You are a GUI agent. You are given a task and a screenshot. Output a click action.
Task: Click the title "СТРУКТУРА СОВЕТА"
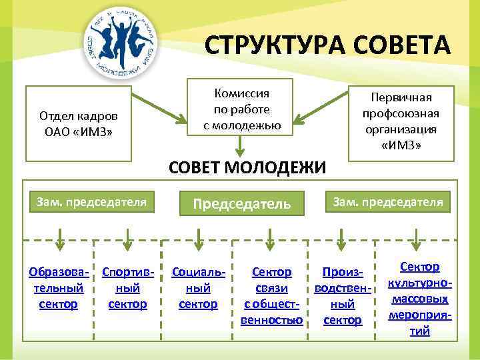tap(327, 46)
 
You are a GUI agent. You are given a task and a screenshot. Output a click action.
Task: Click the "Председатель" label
tap(242, 203)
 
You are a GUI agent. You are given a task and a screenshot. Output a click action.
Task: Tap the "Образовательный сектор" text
tap(56, 288)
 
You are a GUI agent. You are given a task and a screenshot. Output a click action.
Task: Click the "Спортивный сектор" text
tap(128, 288)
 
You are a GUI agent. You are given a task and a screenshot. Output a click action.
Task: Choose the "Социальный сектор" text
tap(199, 288)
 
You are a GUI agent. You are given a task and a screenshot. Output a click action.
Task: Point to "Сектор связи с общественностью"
tap(271, 296)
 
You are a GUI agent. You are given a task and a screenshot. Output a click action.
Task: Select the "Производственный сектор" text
tap(342, 296)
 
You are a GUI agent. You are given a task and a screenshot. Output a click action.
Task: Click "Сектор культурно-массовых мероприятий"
tap(419, 298)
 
